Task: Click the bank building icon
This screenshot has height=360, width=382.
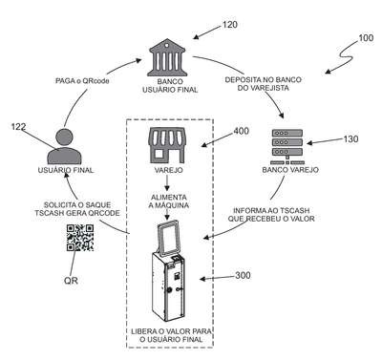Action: click(167, 57)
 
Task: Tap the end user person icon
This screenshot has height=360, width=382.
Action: click(64, 146)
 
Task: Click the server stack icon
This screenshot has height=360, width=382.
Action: click(287, 146)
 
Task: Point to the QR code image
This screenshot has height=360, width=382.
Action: click(80, 238)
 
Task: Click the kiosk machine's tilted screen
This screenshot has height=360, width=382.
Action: click(168, 238)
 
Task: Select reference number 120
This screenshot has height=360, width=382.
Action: click(229, 25)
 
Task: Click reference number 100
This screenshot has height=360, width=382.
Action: click(366, 38)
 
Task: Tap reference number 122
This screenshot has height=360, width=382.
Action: click(18, 127)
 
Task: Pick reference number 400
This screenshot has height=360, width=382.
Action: click(242, 131)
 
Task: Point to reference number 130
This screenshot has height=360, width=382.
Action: click(350, 139)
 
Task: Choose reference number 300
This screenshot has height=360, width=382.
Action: click(243, 275)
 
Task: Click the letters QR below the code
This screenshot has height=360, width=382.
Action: click(71, 281)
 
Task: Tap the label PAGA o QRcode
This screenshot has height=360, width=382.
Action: click(82, 81)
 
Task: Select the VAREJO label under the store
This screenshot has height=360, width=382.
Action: click(169, 170)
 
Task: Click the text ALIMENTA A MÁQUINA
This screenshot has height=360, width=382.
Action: click(169, 201)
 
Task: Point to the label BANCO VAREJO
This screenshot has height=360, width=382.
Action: click(290, 170)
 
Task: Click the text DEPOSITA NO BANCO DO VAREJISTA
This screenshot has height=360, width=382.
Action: click(264, 84)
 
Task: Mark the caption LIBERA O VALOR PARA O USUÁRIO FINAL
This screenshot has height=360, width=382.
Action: click(171, 335)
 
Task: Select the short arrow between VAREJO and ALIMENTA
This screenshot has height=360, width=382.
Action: click(167, 184)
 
